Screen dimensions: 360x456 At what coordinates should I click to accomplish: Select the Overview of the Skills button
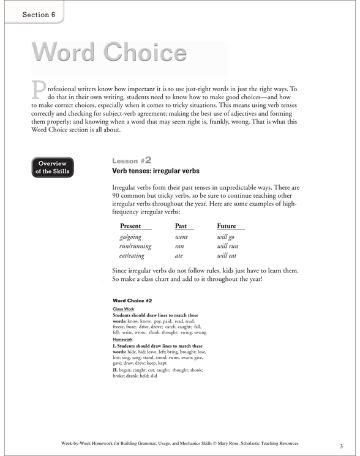(x=54, y=167)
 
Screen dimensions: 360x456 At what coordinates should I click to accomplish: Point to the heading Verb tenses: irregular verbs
(x=156, y=171)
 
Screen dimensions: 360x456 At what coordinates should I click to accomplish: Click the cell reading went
(x=181, y=237)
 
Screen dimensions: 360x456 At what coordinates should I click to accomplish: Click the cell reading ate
(x=179, y=256)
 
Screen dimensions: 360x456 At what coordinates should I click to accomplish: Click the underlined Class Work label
(x=124, y=309)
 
